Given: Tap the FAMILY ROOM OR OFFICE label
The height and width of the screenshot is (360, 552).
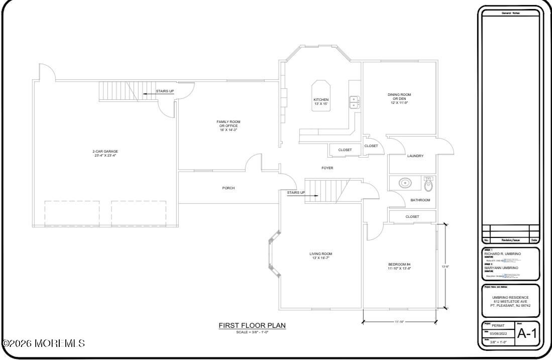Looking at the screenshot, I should [x=228, y=126].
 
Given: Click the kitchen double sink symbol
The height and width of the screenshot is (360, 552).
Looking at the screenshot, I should [x=355, y=102].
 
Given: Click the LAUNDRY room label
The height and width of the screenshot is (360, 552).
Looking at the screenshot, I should [x=415, y=156].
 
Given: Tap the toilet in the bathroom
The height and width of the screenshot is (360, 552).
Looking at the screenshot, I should [x=428, y=185].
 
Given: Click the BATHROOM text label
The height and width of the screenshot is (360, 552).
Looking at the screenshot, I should [x=420, y=200].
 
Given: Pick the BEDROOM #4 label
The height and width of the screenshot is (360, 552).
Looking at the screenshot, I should [x=399, y=267].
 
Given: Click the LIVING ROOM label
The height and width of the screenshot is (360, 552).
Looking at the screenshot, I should [x=320, y=256].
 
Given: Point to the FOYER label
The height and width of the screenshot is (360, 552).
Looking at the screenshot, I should [x=327, y=168].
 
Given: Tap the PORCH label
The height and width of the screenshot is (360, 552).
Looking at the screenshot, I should [x=229, y=188].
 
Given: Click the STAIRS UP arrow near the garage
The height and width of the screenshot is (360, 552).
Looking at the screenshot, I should [x=149, y=93].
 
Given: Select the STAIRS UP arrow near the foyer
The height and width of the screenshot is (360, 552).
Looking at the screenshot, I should [x=312, y=196].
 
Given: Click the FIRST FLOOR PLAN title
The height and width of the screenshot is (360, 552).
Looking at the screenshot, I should [x=252, y=325].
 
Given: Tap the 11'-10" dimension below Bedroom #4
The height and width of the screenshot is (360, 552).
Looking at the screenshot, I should [x=400, y=321].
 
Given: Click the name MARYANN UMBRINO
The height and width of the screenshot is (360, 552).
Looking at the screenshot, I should [x=501, y=268].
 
